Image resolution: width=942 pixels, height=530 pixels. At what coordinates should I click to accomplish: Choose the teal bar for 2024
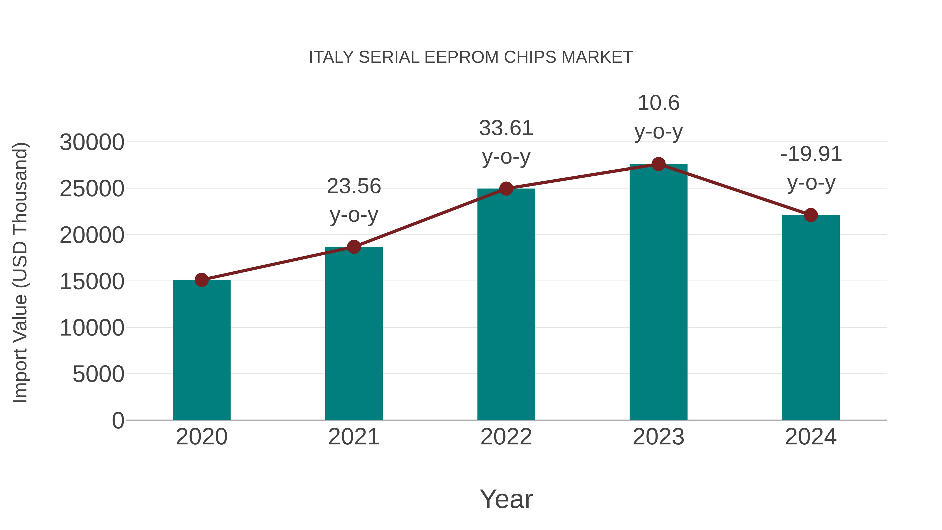click(x=811, y=317)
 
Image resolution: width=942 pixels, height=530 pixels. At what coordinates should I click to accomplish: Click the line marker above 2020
click(x=201, y=280)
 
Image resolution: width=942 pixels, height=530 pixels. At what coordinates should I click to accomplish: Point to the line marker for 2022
click(x=506, y=189)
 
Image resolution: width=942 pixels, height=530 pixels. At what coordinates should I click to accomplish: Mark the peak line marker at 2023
click(x=658, y=164)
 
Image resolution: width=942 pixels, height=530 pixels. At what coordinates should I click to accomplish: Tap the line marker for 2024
click(x=811, y=215)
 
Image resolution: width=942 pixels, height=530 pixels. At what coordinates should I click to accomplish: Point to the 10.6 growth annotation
click(x=658, y=117)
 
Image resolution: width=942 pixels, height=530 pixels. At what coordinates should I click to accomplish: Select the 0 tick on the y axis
click(x=118, y=420)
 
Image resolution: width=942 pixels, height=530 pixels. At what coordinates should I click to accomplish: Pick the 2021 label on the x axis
click(x=354, y=437)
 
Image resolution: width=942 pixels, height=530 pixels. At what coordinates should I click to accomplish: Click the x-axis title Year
click(x=506, y=499)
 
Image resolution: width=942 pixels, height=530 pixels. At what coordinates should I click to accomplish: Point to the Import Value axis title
click(x=20, y=272)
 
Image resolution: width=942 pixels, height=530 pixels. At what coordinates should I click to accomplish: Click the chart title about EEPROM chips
click(x=471, y=57)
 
